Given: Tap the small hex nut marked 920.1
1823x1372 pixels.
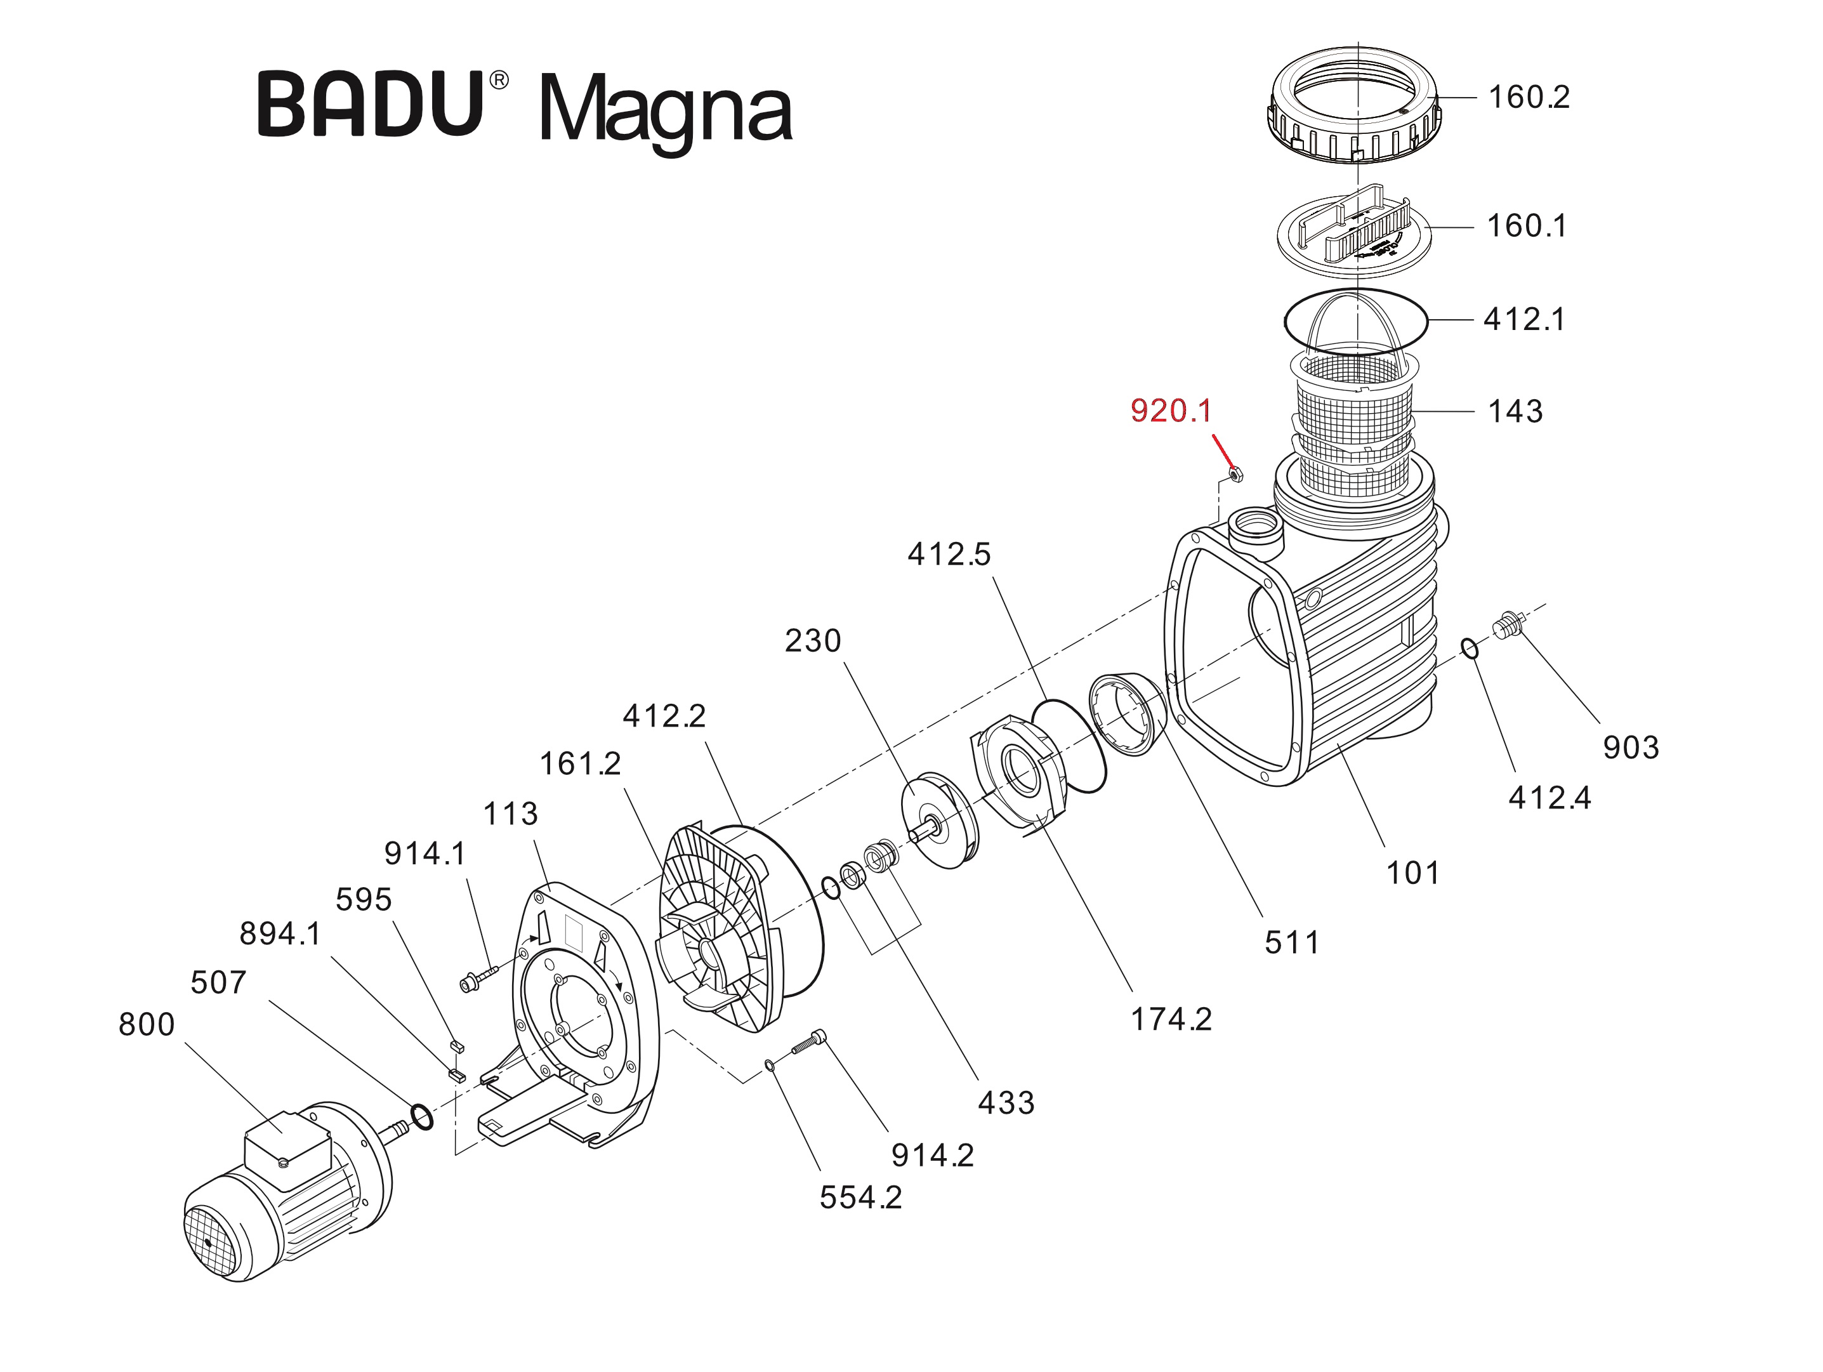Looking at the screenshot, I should coord(1235,474).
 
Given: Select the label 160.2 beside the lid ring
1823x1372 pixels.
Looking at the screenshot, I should coord(1528,97).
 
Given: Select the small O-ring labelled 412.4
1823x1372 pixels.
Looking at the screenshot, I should coord(1470,649).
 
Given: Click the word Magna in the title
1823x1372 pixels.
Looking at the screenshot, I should coord(665,110).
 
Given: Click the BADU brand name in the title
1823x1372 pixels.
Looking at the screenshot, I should coord(370,105).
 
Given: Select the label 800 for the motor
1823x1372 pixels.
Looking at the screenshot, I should coord(147,1024).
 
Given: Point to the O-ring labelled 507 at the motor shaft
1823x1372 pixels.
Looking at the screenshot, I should coord(421,1118).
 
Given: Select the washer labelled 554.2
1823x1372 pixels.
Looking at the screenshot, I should coord(769,1066).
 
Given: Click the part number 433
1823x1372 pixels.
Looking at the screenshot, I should coord(1006,1102).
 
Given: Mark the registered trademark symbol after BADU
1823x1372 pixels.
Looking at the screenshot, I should coord(499,80).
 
